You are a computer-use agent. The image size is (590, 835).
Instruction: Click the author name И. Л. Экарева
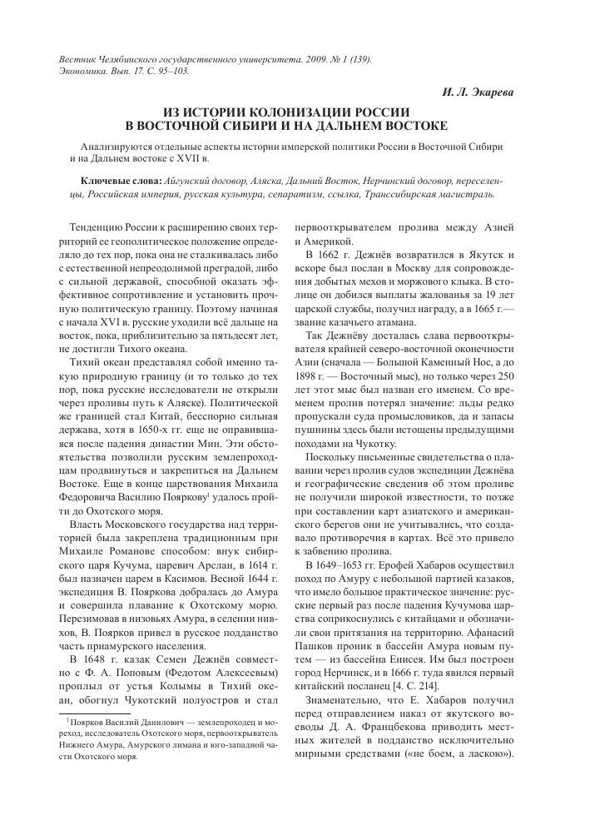(488, 93)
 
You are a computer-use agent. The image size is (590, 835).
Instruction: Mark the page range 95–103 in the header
(171, 71)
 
